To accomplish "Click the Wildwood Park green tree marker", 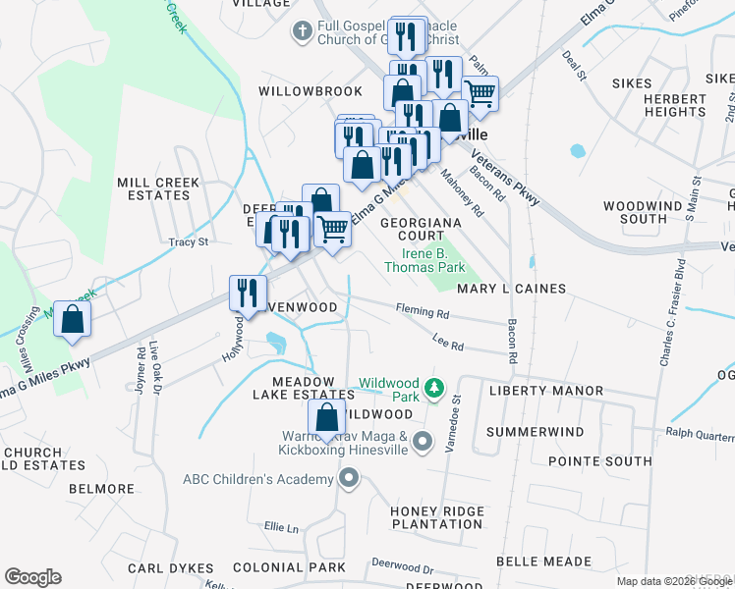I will click(433, 392).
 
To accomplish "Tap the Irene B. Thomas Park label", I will click(424, 259).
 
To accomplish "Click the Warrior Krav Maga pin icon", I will click(423, 441).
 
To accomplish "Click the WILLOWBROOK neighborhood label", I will click(311, 90).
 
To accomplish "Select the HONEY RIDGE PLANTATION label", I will click(437, 517).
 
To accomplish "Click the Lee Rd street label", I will click(447, 342).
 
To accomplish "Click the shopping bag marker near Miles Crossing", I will click(72, 320).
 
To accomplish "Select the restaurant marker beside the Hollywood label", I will click(248, 293).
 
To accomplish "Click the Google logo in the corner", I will click(32, 577).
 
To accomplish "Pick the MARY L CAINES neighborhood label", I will click(511, 289).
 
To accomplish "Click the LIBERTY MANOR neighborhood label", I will click(546, 391).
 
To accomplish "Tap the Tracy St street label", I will click(189, 241).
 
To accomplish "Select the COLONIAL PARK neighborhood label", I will click(289, 567).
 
